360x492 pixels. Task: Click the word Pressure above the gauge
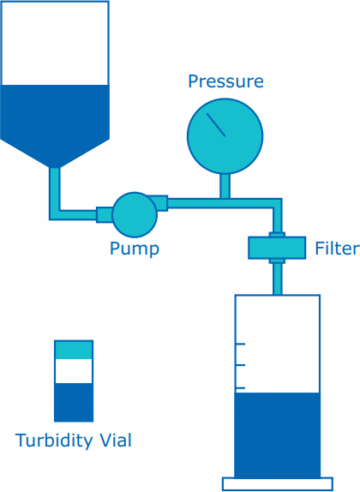pos(225,82)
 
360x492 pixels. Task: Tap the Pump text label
pos(134,249)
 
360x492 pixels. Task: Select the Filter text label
pos(336,249)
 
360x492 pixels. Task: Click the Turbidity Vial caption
pos(74,441)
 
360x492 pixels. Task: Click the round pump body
pos(135,213)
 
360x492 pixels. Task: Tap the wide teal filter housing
pos(276,248)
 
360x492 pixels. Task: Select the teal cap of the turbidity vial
pos(74,350)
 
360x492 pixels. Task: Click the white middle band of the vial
pos(74,371)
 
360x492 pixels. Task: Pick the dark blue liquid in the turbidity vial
pos(74,402)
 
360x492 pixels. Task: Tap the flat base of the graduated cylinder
pos(277,484)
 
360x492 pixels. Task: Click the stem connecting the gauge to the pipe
pos(225,185)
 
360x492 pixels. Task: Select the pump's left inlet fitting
pos(104,214)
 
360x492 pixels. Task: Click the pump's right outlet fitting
pos(161,203)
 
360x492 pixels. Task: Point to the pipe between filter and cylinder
pos(277,278)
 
